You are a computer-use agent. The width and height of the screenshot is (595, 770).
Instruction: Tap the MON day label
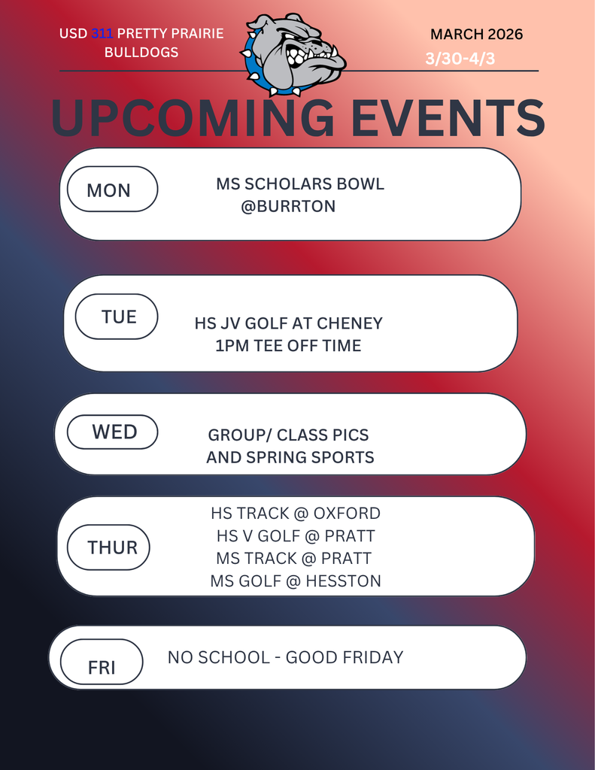[109, 190]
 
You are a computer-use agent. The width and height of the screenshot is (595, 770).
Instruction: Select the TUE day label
[119, 317]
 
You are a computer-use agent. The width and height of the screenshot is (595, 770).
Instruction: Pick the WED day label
[114, 432]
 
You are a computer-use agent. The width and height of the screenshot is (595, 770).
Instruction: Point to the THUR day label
[112, 547]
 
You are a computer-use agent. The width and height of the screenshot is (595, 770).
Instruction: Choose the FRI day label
[102, 667]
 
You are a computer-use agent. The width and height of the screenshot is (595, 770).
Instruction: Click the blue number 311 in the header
[102, 34]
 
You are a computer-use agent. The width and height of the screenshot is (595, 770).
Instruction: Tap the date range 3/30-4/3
[460, 59]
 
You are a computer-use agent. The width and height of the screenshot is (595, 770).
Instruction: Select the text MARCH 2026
[476, 34]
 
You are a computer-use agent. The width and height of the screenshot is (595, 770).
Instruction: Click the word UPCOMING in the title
[193, 118]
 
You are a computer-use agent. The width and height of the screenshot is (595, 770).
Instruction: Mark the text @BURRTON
[288, 206]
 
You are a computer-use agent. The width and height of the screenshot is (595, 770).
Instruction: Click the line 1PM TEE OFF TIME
[288, 346]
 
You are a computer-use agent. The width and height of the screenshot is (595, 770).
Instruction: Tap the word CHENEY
[350, 323]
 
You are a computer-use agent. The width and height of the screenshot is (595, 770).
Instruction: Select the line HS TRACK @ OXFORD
[296, 514]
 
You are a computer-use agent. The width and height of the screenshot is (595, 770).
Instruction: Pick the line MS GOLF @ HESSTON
[296, 581]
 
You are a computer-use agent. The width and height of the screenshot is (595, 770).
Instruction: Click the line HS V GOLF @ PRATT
[296, 536]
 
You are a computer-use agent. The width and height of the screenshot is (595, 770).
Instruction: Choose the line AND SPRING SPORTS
[290, 457]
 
